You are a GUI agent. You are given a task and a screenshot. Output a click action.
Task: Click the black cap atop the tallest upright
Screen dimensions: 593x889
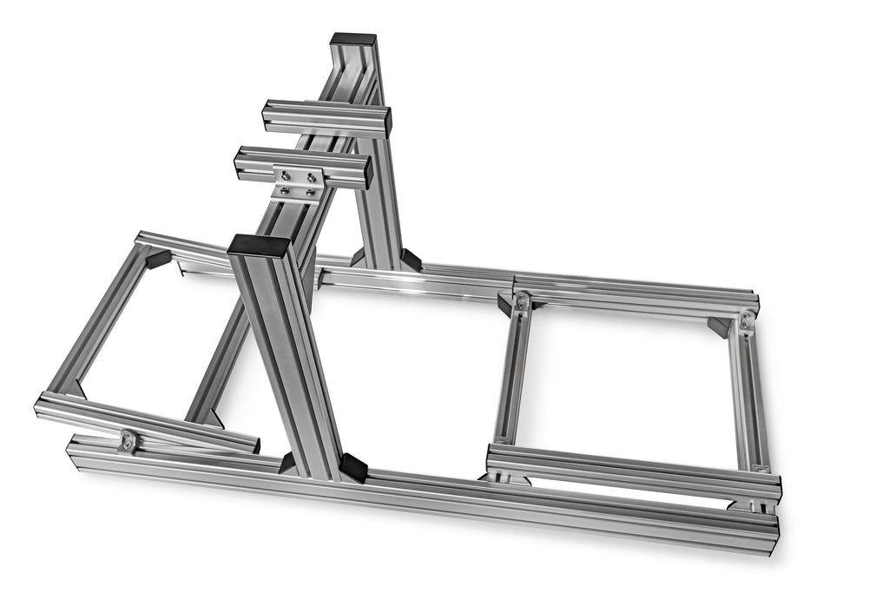tap(353, 39)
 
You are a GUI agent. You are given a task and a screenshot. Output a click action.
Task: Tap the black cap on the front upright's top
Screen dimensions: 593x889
tap(259, 245)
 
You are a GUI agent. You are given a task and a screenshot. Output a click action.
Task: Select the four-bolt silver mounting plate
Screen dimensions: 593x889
tap(297, 183)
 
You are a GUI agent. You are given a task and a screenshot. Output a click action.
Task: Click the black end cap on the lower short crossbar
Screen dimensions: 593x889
tap(369, 173)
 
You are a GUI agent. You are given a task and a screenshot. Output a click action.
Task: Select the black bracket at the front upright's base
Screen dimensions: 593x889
tap(352, 467)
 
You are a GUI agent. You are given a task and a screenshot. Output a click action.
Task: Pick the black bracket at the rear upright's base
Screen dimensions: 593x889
tap(410, 259)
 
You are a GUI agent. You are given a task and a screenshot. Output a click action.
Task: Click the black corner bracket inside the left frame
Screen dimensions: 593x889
tap(158, 259)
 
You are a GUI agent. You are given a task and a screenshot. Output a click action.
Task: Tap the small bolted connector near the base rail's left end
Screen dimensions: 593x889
tap(128, 441)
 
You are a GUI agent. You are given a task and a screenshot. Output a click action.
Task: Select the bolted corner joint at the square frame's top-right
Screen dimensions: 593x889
tap(746, 322)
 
